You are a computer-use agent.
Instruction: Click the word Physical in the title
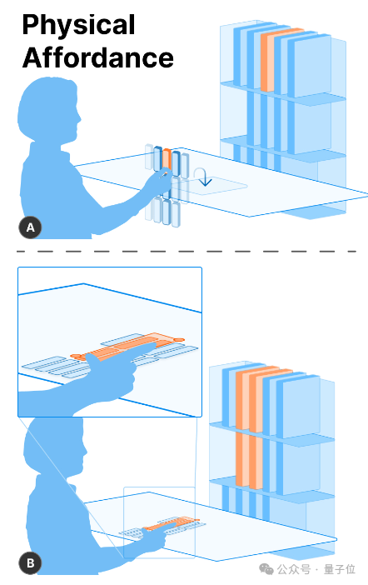click(x=78, y=25)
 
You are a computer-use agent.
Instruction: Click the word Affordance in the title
click(x=98, y=57)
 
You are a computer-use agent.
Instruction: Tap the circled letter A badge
click(x=30, y=227)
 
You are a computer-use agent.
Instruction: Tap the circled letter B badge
click(x=30, y=562)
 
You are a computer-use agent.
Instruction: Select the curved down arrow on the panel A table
click(x=203, y=177)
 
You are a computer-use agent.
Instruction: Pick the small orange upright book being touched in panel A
click(x=167, y=159)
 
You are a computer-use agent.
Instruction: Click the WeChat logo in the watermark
click(x=266, y=569)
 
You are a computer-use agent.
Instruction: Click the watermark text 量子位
click(x=340, y=569)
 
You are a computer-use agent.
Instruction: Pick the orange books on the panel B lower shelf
click(x=249, y=460)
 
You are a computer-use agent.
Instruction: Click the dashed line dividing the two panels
click(x=186, y=252)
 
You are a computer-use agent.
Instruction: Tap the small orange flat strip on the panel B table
click(x=172, y=523)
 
